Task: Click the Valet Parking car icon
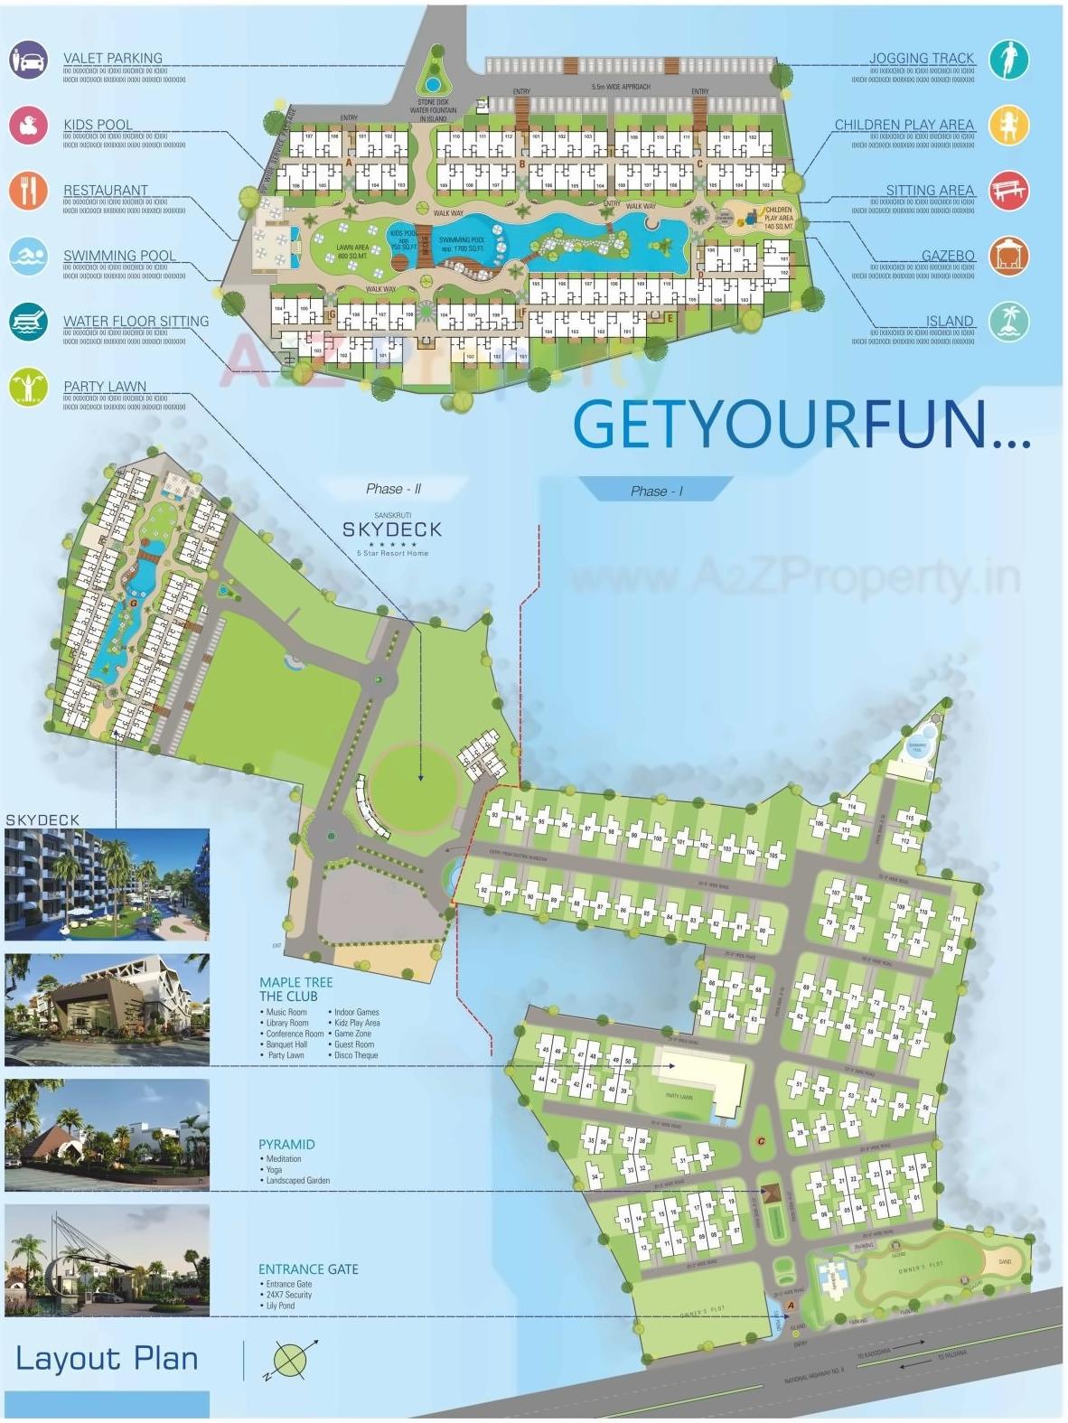[x=29, y=60]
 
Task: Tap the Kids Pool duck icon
[x=29, y=126]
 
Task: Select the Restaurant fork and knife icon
[x=29, y=191]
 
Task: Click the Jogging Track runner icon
[x=1008, y=60]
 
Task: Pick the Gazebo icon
[x=1008, y=257]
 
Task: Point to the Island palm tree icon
[x=1008, y=322]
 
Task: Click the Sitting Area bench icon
[x=1008, y=191]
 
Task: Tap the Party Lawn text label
[x=105, y=387]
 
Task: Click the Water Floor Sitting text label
[x=136, y=322]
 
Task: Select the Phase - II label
[x=393, y=489]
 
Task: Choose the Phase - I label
[x=656, y=491]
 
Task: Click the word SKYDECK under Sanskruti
[x=392, y=530]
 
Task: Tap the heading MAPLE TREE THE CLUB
[x=295, y=989]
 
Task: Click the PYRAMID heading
[x=286, y=1145]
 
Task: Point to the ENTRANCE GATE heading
[x=308, y=1269]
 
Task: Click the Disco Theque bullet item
[x=355, y=1055]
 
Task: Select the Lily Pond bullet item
[x=280, y=1306]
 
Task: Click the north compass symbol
[x=291, y=1360]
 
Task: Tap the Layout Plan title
[x=107, y=1359]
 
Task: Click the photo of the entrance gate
[x=107, y=1260]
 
